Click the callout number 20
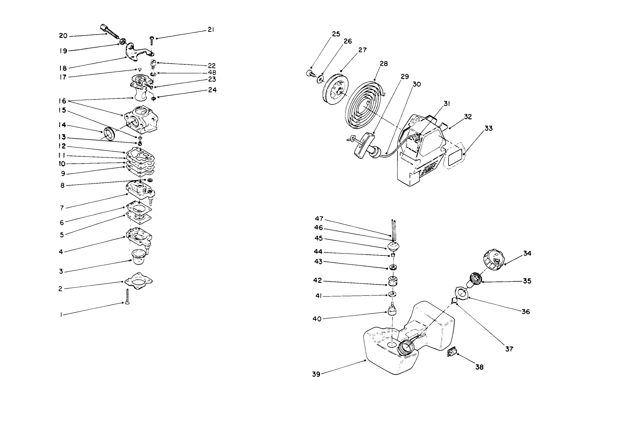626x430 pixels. (x=63, y=36)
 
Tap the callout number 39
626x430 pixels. (x=316, y=374)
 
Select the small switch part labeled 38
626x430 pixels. (x=451, y=353)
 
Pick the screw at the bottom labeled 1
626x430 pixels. (x=127, y=298)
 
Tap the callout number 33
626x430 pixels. (x=489, y=129)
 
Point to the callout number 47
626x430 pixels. (x=319, y=218)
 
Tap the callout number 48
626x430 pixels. (x=211, y=73)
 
